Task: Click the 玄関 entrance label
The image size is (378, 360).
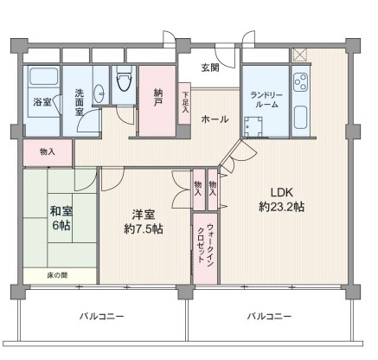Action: point(210,67)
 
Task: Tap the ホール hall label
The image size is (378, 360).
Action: point(215,119)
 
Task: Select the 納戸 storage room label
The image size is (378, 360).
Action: point(157,98)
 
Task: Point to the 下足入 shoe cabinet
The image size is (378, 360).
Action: point(184,104)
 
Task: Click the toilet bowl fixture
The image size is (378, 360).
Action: point(125,79)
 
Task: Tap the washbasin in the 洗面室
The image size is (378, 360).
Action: point(99,93)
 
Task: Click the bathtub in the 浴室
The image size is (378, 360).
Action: point(43,76)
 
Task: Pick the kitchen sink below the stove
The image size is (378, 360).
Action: point(300,118)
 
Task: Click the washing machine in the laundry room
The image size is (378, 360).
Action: point(253,127)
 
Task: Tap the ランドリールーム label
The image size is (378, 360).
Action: point(266,100)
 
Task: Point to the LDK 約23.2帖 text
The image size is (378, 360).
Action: point(281,199)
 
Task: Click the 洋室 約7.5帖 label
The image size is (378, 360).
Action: point(144,222)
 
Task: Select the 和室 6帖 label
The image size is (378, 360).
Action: point(61,218)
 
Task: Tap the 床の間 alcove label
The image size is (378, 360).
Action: point(57,275)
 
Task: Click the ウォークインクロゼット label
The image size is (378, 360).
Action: point(205,242)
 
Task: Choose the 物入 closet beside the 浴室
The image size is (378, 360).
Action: point(48,152)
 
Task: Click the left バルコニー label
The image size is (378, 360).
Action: point(102,317)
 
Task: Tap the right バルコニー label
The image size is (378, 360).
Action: point(269,317)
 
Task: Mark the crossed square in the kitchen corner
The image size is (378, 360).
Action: point(299,55)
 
